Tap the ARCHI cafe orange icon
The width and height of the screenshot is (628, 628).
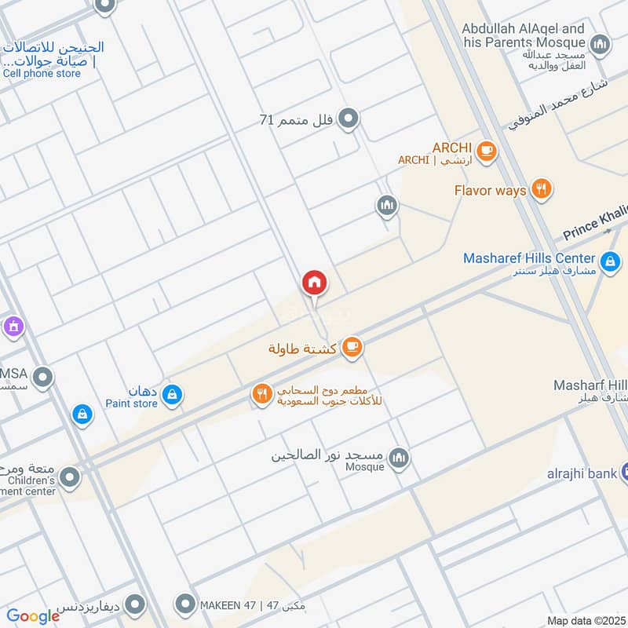click(x=487, y=150)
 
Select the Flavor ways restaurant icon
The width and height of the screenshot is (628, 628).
click(x=541, y=189)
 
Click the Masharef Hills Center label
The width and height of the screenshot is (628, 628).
click(x=529, y=258)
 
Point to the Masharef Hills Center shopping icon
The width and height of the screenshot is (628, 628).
click(x=609, y=260)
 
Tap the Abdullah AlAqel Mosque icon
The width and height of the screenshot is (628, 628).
click(x=601, y=44)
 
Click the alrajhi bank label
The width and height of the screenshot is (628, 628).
click(x=581, y=473)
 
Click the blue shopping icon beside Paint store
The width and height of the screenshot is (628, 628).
click(x=173, y=396)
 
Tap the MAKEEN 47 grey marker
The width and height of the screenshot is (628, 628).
click(x=185, y=604)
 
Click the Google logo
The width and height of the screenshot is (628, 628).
click(x=33, y=616)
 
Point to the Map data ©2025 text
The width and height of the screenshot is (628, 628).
click(x=584, y=620)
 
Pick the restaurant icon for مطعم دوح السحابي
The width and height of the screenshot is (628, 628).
click(x=262, y=395)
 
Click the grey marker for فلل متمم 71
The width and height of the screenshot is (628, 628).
click(x=350, y=119)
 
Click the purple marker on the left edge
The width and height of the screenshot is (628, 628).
click(x=12, y=324)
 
